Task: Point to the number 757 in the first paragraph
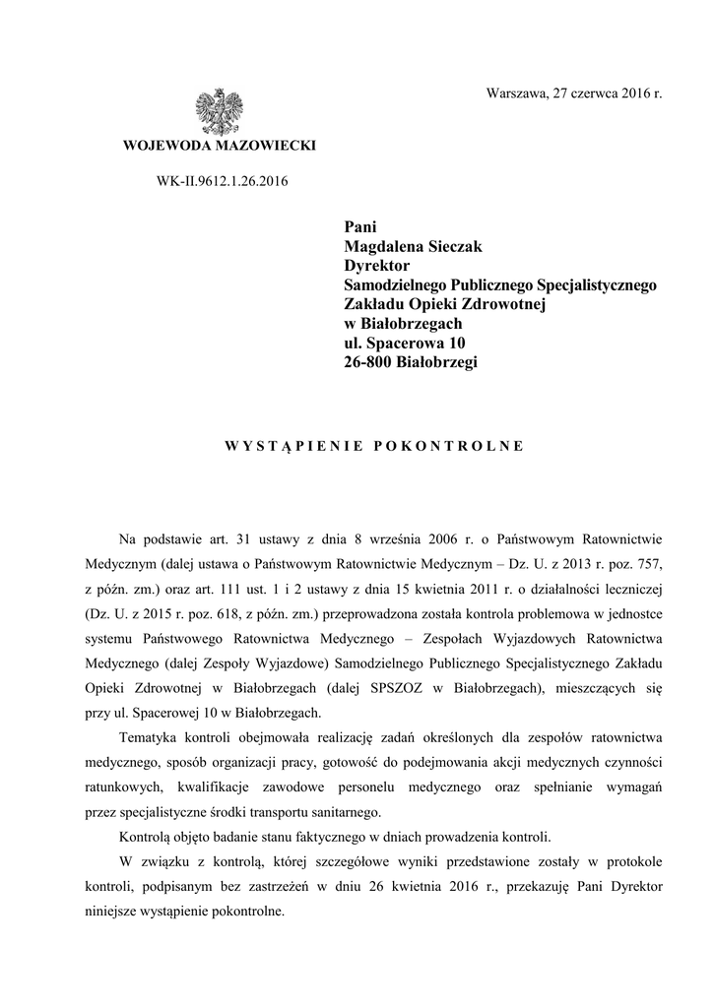coord(648,565)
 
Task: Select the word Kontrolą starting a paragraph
coord(145,837)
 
